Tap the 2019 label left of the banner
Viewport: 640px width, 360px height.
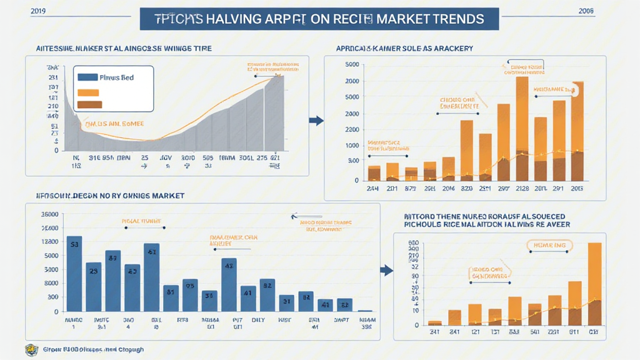point(21,11)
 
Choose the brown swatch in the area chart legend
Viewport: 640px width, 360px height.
point(88,104)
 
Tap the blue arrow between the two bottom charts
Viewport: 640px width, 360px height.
point(387,271)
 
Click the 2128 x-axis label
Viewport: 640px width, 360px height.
point(522,188)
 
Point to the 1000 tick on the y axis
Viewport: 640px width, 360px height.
point(351,146)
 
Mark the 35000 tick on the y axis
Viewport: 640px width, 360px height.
point(49,214)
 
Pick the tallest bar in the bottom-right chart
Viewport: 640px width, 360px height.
point(594,284)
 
